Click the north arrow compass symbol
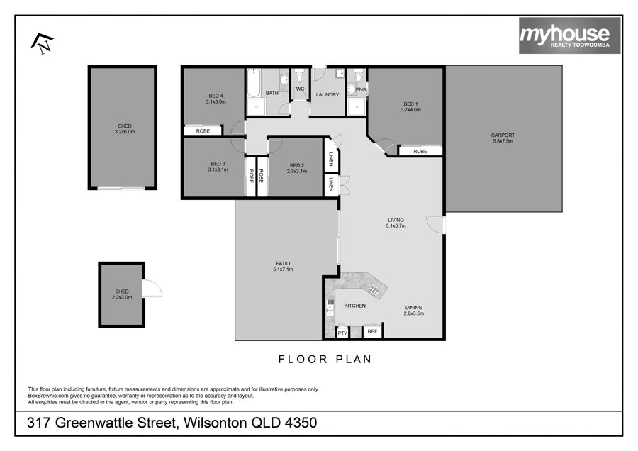pos(43,43)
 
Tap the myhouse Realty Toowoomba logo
pos(569,35)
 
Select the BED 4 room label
pos(216,99)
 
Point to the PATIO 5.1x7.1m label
pos(283,266)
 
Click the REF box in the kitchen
pos(372,331)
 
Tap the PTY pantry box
pos(342,333)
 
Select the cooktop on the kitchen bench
pos(374,290)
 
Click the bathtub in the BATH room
pos(254,83)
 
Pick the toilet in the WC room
pos(299,76)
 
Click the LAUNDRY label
pos(328,94)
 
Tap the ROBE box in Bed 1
pos(420,151)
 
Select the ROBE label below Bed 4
pos(203,131)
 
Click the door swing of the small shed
pos(153,288)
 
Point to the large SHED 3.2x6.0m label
pos(125,128)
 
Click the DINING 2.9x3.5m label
pos(414,310)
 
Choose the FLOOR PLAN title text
pos(325,359)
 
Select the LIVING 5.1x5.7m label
pos(396,223)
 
